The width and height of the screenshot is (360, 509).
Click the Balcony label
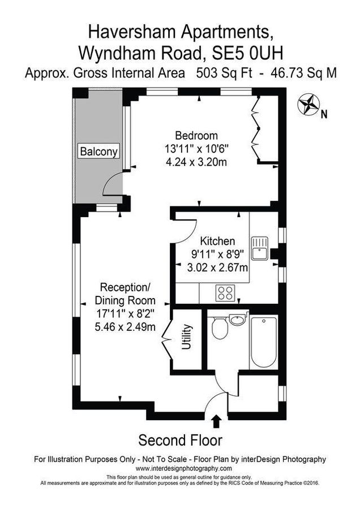[x=99, y=152]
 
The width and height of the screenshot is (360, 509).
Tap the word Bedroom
[x=196, y=136]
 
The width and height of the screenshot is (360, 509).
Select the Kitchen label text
[x=213, y=241]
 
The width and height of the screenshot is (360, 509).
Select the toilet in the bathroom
[x=219, y=327]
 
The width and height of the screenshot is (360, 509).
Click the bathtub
[x=263, y=342]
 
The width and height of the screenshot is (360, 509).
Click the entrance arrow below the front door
[x=215, y=422]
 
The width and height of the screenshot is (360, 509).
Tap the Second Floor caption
[x=180, y=440]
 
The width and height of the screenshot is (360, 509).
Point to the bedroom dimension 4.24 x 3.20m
[x=196, y=162]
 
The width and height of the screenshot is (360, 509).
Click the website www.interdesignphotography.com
[x=180, y=469]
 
